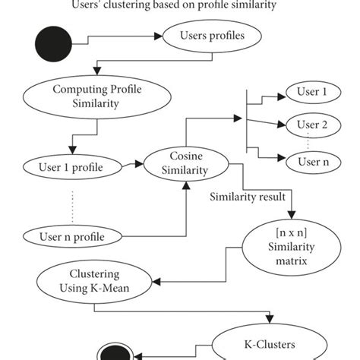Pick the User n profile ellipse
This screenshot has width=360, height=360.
point(71,236)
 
